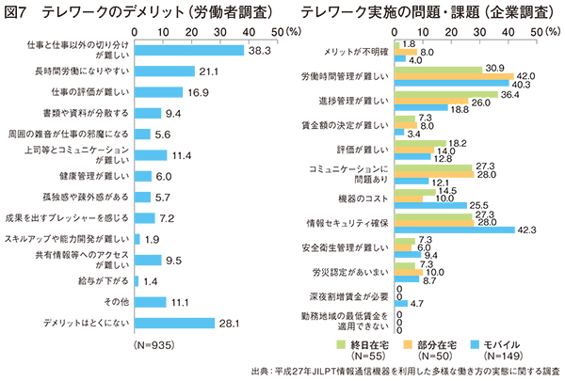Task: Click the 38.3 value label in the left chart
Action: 261,50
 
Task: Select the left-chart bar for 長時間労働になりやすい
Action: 164,71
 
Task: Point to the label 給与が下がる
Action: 104,280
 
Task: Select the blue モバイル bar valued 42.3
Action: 455,229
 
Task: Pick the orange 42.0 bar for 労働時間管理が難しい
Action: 454,75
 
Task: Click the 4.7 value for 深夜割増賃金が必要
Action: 418,304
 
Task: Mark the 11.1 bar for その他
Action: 152,302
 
